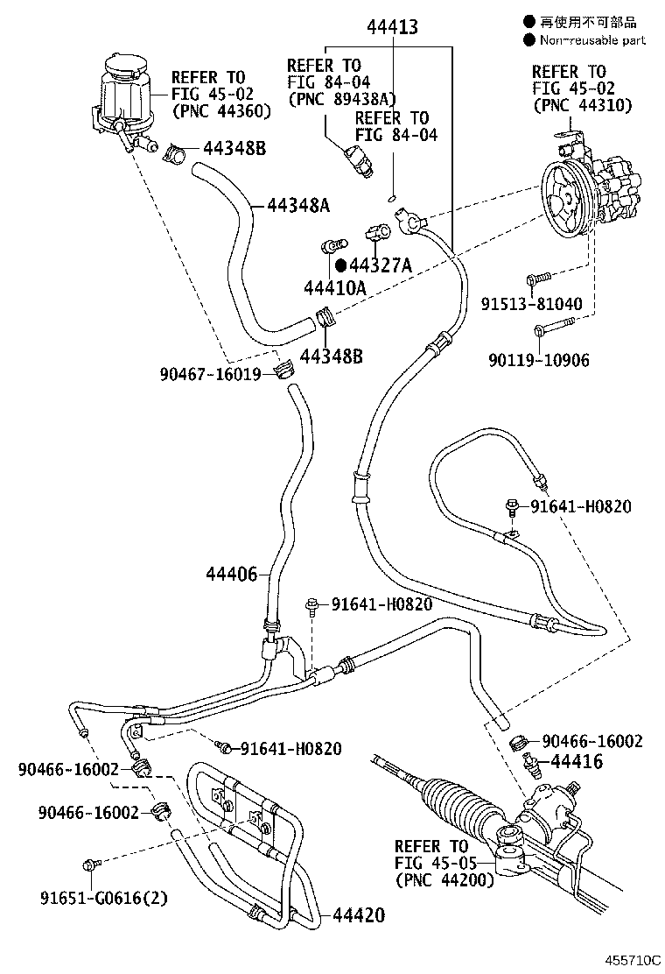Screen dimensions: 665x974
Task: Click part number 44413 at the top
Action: click(392, 26)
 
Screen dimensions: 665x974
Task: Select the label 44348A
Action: click(298, 206)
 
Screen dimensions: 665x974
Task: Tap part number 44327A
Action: click(381, 266)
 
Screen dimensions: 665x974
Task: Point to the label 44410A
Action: click(334, 287)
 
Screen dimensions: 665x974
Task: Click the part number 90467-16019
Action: click(210, 375)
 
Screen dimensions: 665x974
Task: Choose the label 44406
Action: click(231, 575)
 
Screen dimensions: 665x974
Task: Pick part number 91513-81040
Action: click(532, 304)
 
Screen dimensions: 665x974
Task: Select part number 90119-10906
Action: click(538, 360)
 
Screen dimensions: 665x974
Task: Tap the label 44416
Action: click(577, 761)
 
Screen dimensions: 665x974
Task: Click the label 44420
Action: click(359, 915)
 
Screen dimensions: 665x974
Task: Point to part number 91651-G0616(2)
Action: click(104, 898)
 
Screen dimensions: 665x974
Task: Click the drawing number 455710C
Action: click(634, 959)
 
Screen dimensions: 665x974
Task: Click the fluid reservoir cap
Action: click(123, 65)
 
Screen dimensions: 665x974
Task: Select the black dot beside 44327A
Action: click(340, 266)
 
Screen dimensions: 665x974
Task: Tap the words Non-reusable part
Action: click(592, 40)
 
